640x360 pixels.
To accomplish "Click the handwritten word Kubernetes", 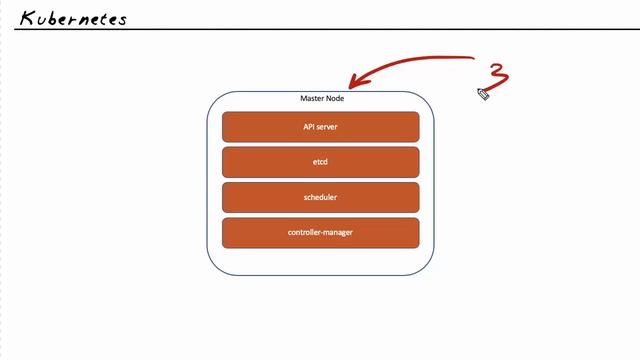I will click(73, 17).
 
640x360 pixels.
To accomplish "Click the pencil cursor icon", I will click(483, 94).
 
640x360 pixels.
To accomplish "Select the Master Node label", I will click(321, 99).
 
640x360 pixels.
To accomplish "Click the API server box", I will click(320, 127).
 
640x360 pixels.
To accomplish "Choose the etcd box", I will click(320, 162).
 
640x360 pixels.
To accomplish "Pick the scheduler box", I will click(320, 197).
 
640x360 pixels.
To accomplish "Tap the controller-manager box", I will click(320, 233).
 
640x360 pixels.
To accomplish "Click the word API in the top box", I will click(309, 127).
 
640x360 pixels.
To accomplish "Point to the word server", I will click(327, 127).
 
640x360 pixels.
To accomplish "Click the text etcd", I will click(320, 162).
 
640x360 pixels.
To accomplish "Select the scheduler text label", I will click(320, 197).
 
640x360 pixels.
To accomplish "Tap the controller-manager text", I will click(320, 233).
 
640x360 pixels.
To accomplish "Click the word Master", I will click(312, 99).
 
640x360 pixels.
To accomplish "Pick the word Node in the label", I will click(334, 99).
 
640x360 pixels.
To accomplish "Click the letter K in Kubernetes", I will click(27, 17).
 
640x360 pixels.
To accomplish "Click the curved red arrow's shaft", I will click(420, 60).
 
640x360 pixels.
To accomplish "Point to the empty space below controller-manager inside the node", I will click(320, 261).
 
